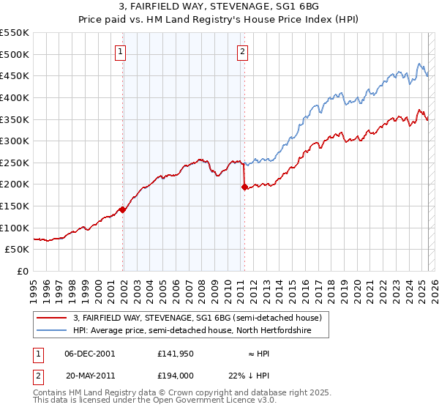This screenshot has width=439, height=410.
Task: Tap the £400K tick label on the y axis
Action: [x=14, y=97]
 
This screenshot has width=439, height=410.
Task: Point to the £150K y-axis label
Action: [x=14, y=206]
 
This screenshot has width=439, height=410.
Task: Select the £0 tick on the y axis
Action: [x=22, y=271]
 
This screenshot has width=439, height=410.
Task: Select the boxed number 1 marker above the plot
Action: [x=121, y=51]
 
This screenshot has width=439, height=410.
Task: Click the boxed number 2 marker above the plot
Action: [x=242, y=51]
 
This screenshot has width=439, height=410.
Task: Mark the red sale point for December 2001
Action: [x=123, y=209]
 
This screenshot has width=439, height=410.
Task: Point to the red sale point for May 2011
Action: [x=244, y=187]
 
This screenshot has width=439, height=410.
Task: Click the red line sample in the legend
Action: [x=53, y=318]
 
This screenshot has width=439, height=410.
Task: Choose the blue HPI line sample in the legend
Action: [x=53, y=330]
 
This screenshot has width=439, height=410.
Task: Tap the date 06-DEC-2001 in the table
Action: [x=90, y=353]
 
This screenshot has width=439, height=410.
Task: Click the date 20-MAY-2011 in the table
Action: [x=90, y=375]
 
